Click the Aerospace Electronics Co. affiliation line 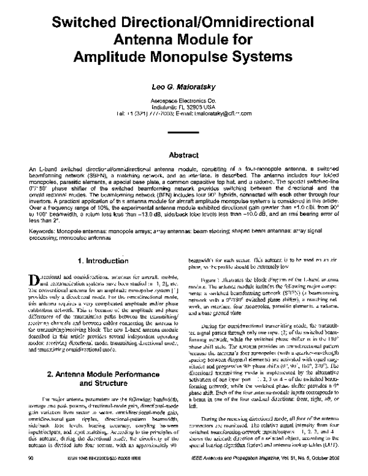[x=183, y=100]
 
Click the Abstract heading [x=183, y=139]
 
